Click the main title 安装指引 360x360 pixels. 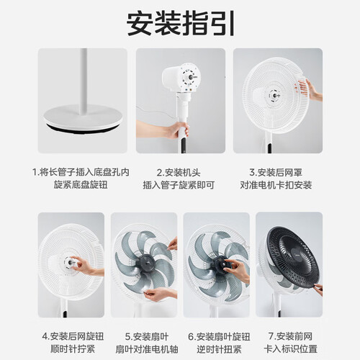180,24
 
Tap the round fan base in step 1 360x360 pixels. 83,118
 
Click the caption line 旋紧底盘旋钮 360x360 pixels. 81,185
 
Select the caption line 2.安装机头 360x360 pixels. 179,172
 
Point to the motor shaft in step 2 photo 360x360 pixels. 192,77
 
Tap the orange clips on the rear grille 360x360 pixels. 302,86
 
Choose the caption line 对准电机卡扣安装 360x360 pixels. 276,185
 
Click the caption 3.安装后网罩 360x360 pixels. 276,172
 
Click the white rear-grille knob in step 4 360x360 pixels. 70,263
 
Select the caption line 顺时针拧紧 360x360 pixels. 73,348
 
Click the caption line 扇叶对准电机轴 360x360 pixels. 147,348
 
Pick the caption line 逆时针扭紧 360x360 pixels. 219,348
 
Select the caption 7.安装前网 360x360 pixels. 290,336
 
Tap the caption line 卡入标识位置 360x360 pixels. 290,348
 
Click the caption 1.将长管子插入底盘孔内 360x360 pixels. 81,172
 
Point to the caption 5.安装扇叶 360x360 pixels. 147,336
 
